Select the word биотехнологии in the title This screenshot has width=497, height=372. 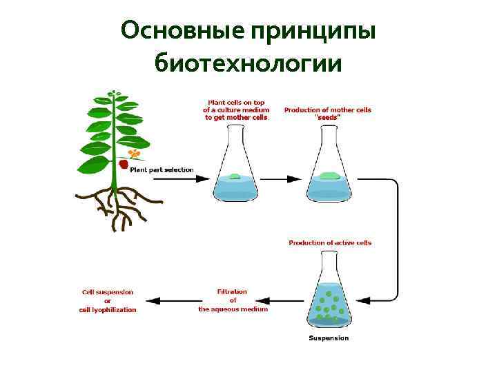pos(248,63)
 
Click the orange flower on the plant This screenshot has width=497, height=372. pos(135,153)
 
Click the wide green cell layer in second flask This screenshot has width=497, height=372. pos(328,176)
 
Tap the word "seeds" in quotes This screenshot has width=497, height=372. pos(328,117)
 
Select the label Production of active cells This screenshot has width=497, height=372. pos(330,243)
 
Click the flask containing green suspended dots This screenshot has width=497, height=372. pos(329,296)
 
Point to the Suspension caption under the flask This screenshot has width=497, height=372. pos(329,338)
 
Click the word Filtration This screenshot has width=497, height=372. pos(233,292)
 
